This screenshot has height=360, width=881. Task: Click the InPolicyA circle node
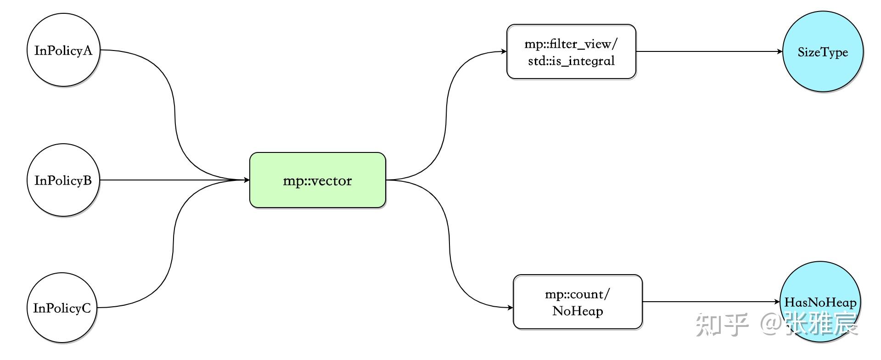(63, 50)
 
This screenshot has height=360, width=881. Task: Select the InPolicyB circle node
(63, 180)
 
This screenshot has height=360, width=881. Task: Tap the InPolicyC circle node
(62, 308)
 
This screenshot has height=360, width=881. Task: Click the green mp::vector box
(317, 180)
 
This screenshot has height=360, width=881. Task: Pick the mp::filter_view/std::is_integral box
(571, 51)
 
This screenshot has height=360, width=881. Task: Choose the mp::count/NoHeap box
(577, 302)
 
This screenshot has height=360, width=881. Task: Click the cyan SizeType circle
(822, 51)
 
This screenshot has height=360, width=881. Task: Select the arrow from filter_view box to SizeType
(707, 51)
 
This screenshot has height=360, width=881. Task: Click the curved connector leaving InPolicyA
(174, 115)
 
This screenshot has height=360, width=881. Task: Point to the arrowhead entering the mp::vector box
(247, 180)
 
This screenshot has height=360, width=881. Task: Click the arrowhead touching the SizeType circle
(780, 51)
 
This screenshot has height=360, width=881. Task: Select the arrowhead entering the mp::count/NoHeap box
(510, 308)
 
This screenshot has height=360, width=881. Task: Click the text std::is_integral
(571, 61)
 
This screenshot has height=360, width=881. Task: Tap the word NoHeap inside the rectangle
(578, 311)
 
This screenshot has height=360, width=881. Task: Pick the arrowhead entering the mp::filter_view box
(504, 51)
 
